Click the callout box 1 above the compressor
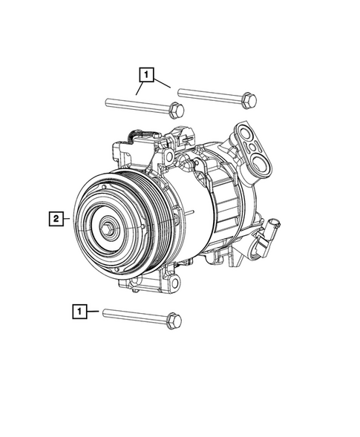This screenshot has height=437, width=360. [x=146, y=74]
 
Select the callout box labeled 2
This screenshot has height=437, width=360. [x=55, y=218]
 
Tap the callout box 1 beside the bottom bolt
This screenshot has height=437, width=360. [x=79, y=312]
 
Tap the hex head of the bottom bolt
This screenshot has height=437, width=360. [x=174, y=320]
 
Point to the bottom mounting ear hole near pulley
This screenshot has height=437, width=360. [x=175, y=283]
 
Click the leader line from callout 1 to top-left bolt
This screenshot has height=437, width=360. [x=140, y=88]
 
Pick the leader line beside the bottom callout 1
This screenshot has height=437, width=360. [x=93, y=312]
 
